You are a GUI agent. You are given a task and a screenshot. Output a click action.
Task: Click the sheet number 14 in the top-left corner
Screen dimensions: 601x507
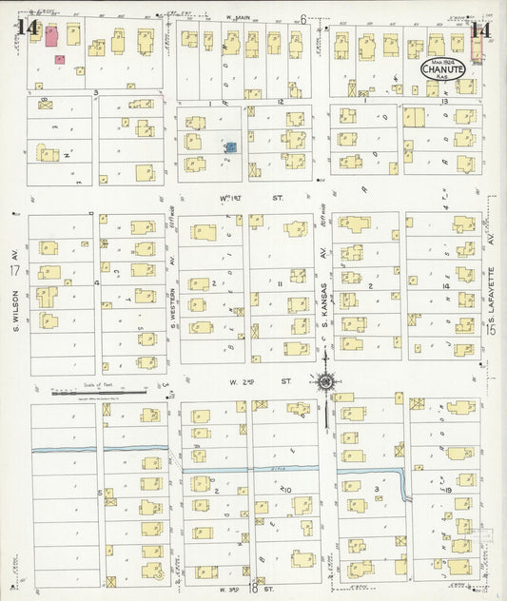coord(26,29)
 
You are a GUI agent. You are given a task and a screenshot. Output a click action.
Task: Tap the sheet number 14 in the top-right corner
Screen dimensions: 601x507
coord(481,29)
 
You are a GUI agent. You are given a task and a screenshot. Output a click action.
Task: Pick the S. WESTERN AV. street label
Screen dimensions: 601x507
coord(172,276)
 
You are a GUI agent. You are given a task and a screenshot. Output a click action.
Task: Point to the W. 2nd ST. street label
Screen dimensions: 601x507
coord(243,382)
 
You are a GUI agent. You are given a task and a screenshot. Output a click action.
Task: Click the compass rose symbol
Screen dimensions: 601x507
coord(325,382)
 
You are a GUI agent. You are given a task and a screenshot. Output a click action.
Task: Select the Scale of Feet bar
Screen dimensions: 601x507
coord(99,389)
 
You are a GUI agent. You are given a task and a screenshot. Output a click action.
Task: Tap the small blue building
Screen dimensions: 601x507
coord(229,148)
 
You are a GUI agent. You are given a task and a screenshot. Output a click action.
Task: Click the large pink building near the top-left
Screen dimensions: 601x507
coord(50,37)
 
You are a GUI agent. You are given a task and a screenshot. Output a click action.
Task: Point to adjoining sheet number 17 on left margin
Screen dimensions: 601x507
coord(14,272)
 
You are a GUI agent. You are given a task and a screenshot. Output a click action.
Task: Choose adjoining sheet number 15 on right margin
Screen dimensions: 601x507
coord(493,328)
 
